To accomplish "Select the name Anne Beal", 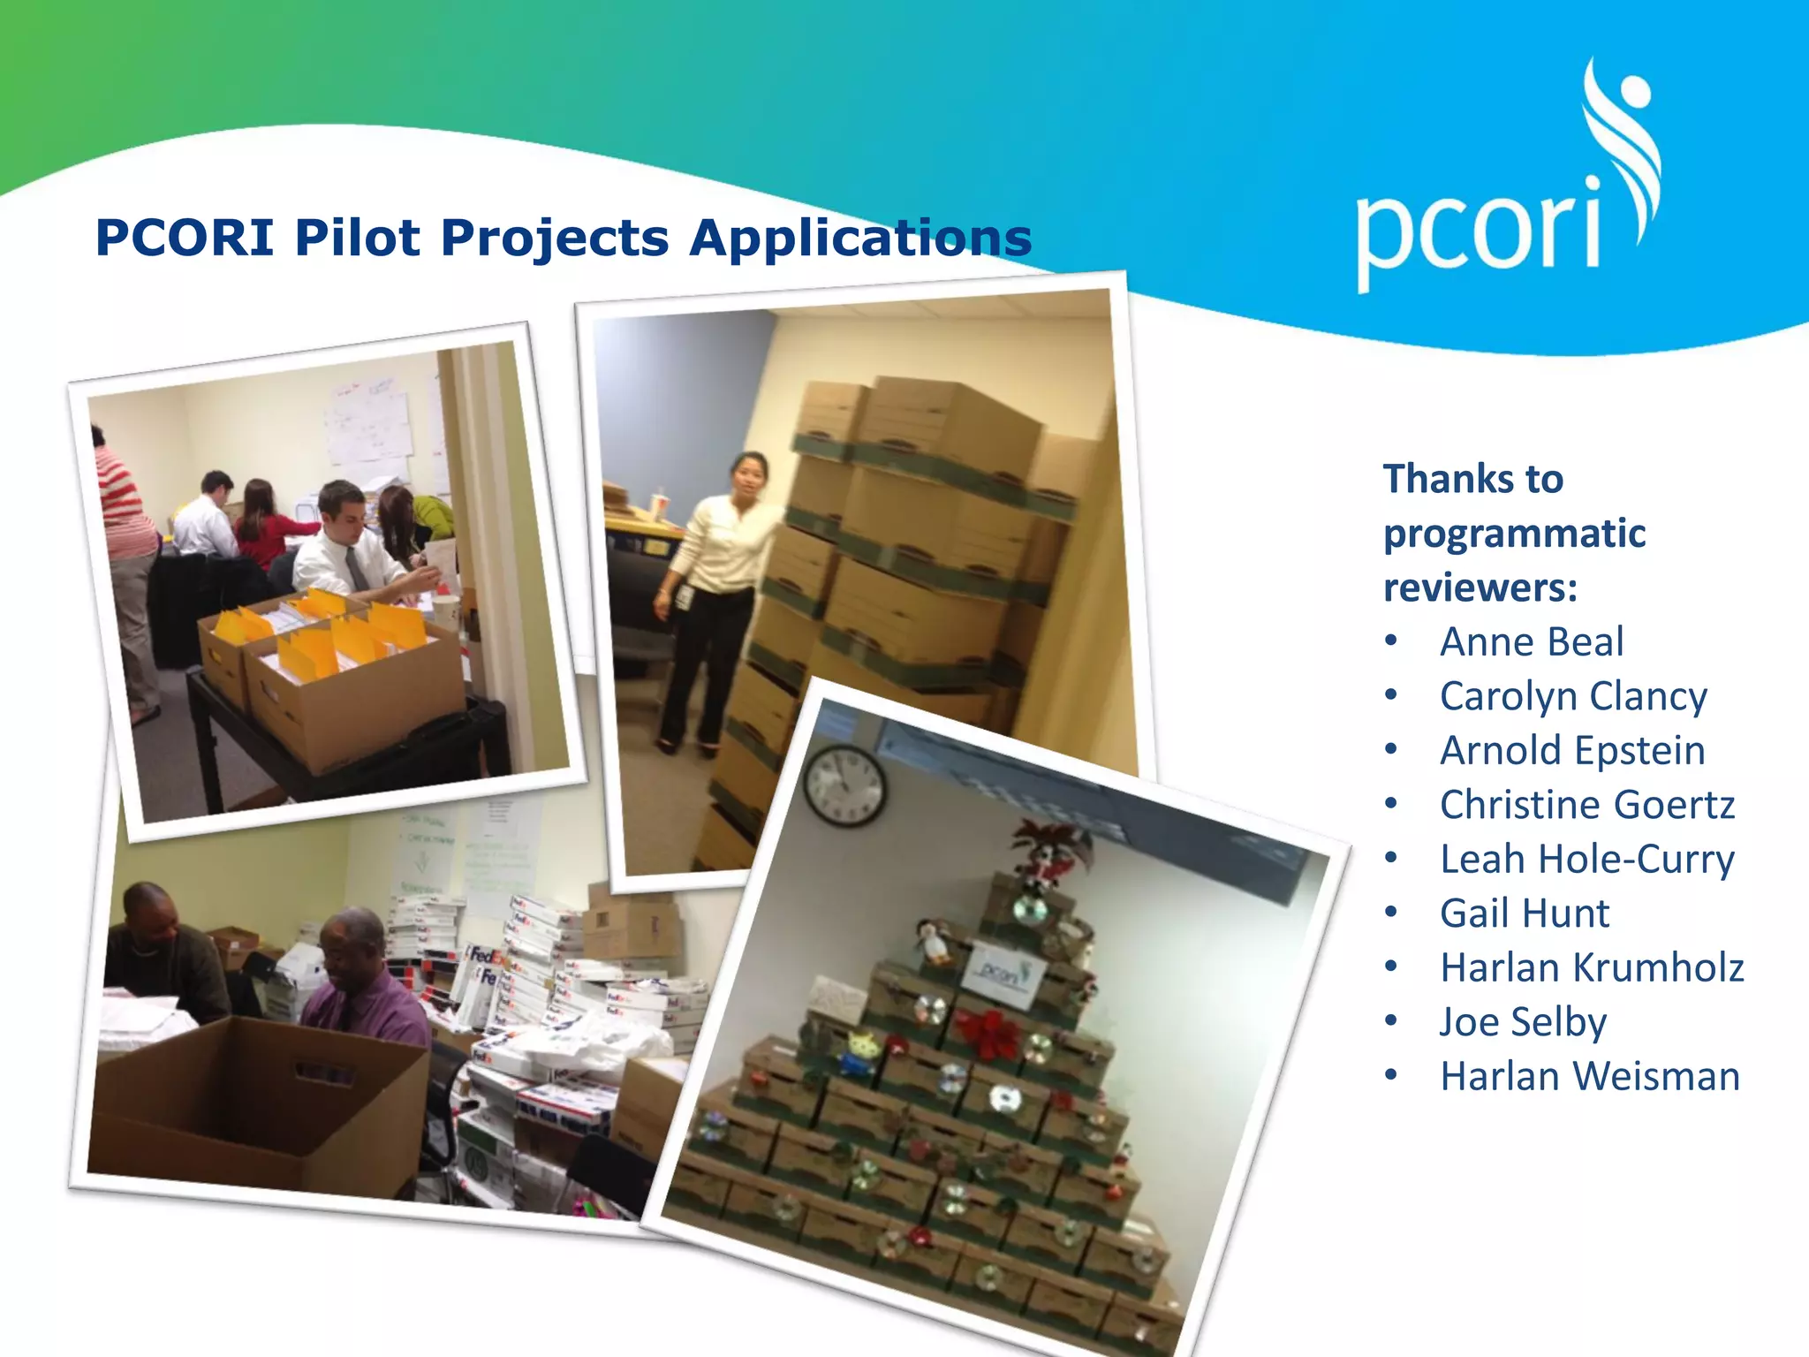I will point(1532,642).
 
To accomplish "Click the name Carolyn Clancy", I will point(1573,697).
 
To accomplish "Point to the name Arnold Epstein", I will point(1572,751).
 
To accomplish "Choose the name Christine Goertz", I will point(1587,805).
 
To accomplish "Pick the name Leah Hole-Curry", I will point(1587,860).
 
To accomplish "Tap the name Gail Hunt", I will point(1525,914).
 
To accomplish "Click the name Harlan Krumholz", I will point(1592,968).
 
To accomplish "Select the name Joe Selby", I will point(1523,1022).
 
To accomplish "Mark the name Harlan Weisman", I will point(1590,1077).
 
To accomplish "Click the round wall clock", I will point(844,785).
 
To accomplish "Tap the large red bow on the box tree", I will point(988,1034).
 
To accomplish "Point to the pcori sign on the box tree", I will point(1005,975).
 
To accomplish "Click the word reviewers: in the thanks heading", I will point(1480,588).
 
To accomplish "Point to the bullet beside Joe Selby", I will point(1391,1022).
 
